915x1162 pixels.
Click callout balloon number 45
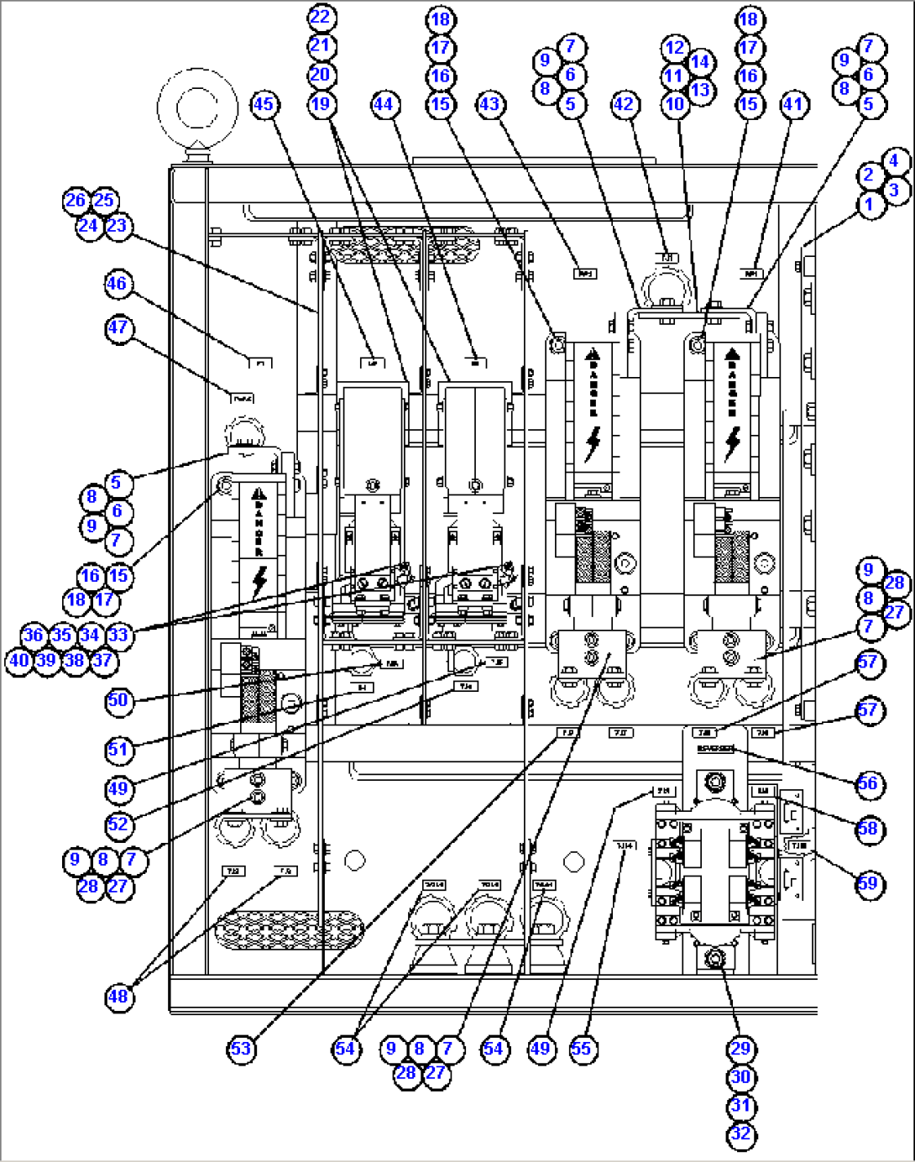click(x=264, y=104)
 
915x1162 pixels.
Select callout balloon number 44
click(x=384, y=104)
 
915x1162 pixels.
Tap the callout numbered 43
click(x=489, y=104)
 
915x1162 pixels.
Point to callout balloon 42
click(x=624, y=104)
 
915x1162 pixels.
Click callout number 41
click(x=792, y=104)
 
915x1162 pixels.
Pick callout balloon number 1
click(x=870, y=204)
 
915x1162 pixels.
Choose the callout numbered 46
click(x=117, y=284)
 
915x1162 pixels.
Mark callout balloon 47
click(x=118, y=327)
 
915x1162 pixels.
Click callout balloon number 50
click(x=118, y=699)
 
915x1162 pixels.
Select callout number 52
click(x=118, y=824)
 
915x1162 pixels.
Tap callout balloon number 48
click(x=118, y=997)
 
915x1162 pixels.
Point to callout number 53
click(x=241, y=1049)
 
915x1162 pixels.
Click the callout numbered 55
click(x=581, y=1049)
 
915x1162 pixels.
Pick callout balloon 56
click(x=868, y=783)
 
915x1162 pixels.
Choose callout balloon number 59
click(x=868, y=883)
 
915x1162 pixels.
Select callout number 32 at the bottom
click(x=740, y=1134)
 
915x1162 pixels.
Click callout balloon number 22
click(x=321, y=18)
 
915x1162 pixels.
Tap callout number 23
click(x=118, y=226)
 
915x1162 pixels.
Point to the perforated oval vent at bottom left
click(x=290, y=929)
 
